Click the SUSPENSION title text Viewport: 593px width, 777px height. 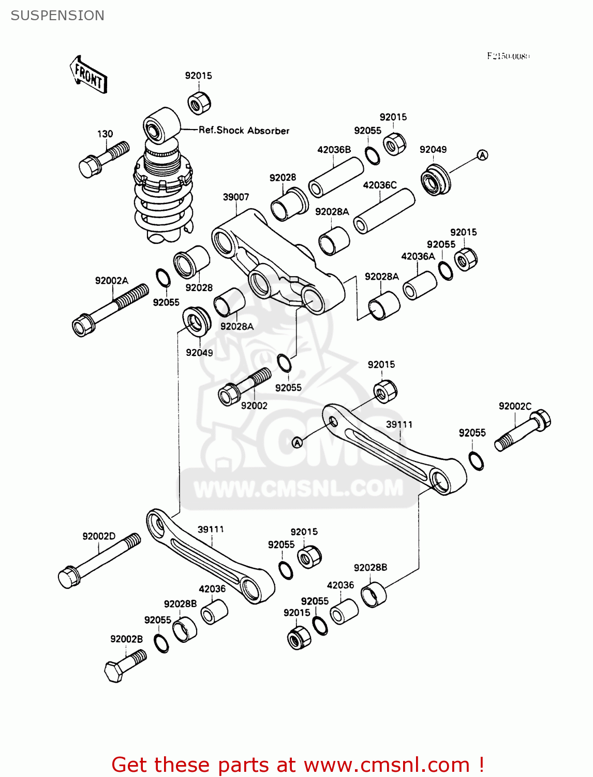(57, 16)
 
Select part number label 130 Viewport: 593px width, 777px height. (105, 134)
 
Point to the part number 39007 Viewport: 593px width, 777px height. (236, 197)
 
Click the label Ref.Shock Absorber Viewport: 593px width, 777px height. (244, 131)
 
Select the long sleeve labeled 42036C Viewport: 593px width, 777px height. (384, 211)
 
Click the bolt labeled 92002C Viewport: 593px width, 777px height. (523, 430)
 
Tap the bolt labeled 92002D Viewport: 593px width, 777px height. (99, 561)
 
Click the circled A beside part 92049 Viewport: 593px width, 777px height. (482, 155)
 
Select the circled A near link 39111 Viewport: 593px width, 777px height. (297, 442)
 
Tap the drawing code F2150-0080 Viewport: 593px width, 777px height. (508, 56)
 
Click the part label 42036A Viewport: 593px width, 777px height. (418, 256)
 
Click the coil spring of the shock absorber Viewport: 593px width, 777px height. (163, 207)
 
